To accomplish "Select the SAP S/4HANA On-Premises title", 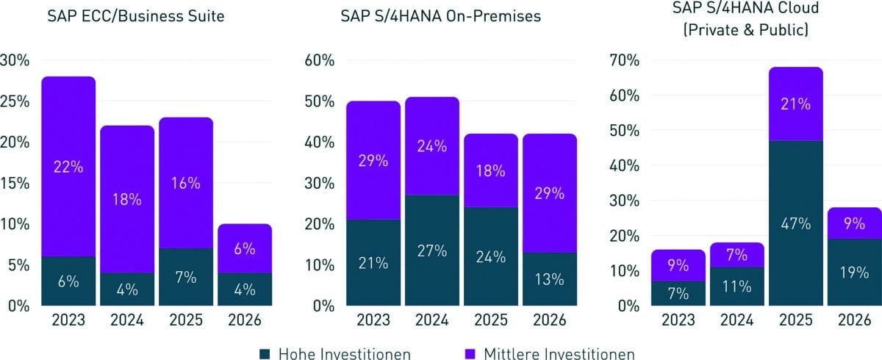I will (441, 16).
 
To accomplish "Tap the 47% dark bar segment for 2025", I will (796, 223).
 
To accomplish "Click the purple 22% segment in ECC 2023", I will (68, 167).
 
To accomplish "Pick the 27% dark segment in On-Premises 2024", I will (431, 250).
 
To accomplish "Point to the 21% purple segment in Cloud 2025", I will (796, 104).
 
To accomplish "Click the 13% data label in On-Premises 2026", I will (549, 279).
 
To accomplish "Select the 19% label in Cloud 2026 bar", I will (855, 272).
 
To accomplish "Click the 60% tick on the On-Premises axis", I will (320, 60).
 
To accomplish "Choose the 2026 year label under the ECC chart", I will (245, 320).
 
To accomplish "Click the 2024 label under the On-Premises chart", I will (431, 320).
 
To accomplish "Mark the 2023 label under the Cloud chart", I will (678, 320).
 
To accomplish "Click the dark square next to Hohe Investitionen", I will (268, 354).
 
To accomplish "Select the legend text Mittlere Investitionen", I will (559, 354).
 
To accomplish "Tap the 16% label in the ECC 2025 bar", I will (186, 184).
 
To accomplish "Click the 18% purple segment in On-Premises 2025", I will (490, 170).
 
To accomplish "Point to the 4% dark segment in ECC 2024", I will (127, 289).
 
